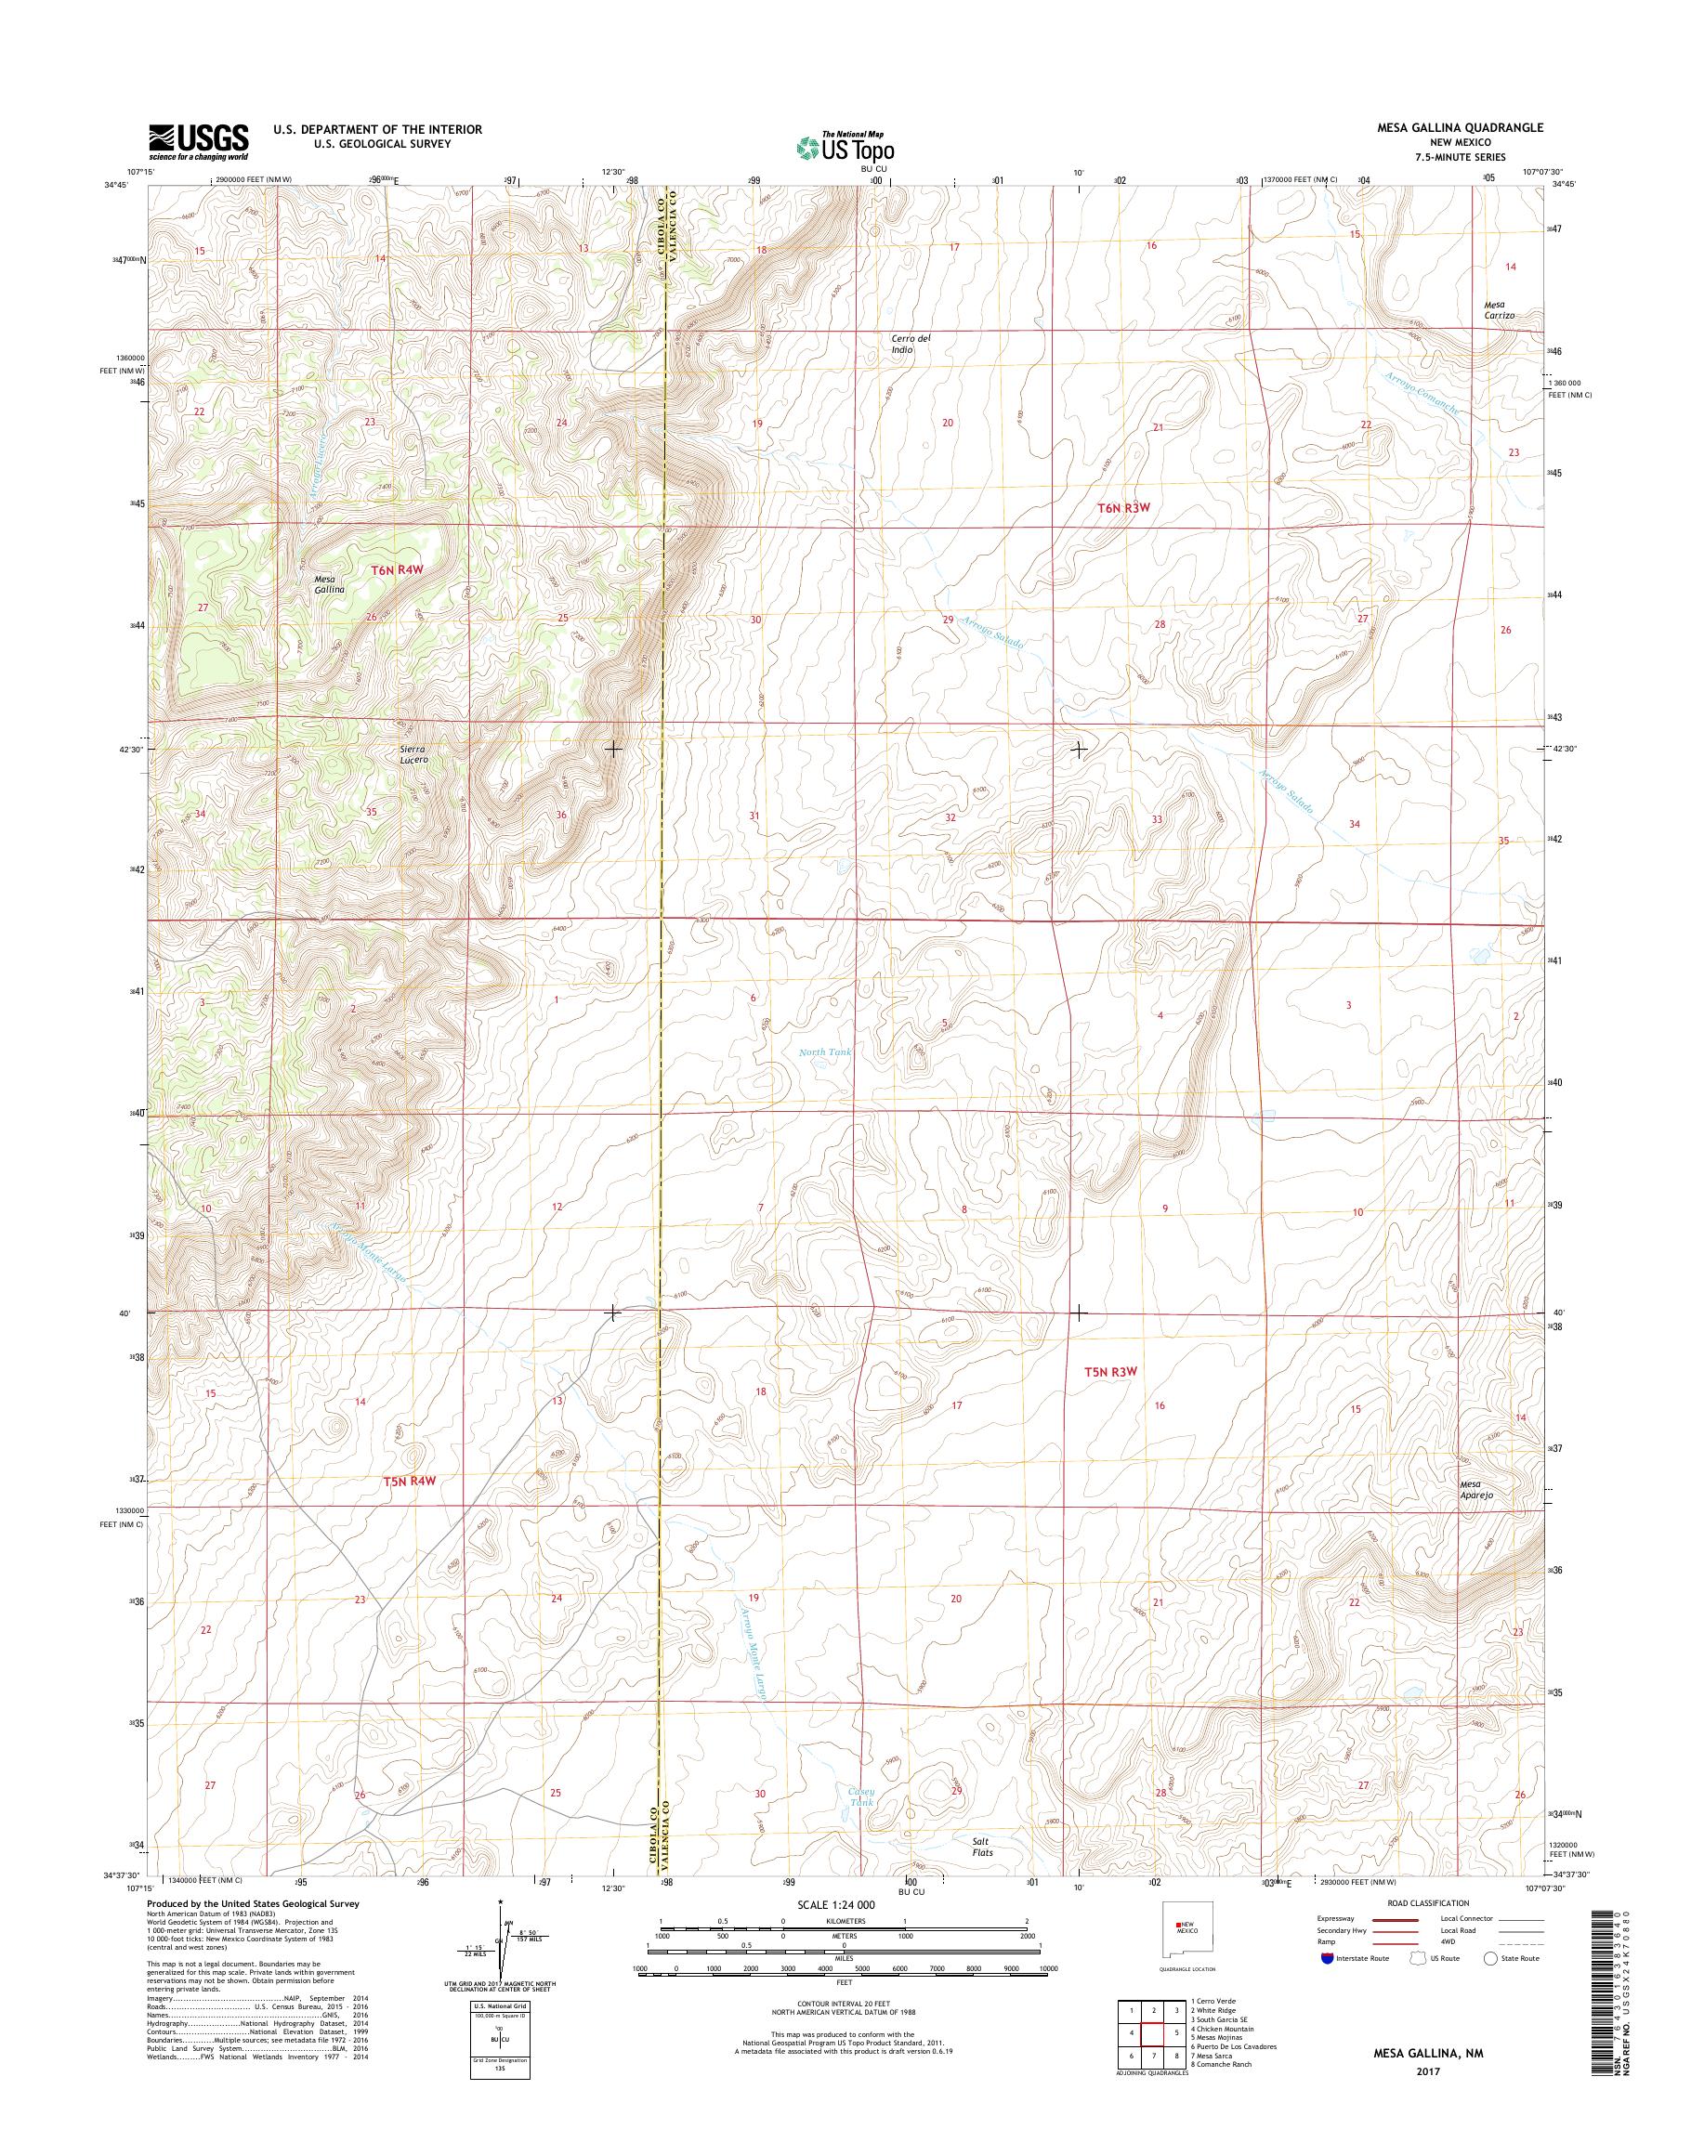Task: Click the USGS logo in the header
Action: pos(198,141)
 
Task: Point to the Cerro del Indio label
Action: pos(910,344)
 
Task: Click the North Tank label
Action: pos(825,1052)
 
